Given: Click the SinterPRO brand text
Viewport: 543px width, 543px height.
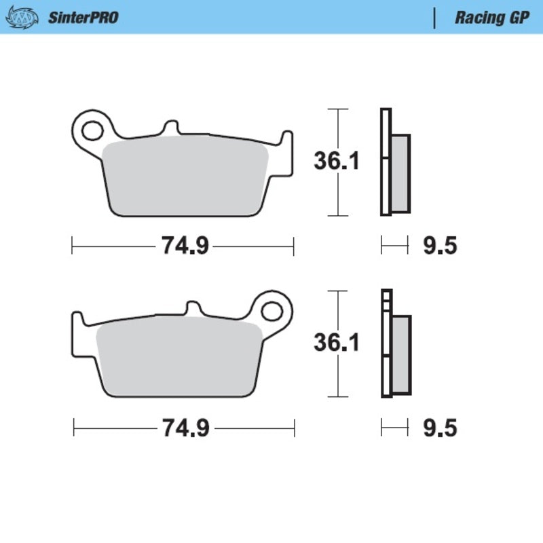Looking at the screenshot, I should point(83,17).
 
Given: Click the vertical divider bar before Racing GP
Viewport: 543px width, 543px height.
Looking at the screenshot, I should point(434,18).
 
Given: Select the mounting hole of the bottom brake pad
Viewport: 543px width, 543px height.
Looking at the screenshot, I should point(271,312).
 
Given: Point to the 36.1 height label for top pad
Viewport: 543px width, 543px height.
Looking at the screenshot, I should point(337,162).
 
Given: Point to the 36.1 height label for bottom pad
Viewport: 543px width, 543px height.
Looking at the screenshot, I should point(337,343).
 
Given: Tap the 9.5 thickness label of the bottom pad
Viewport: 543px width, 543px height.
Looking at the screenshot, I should point(440,428).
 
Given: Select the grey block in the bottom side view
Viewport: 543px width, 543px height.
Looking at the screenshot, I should point(401,354).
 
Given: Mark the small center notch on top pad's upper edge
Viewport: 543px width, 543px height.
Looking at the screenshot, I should point(170,128).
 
